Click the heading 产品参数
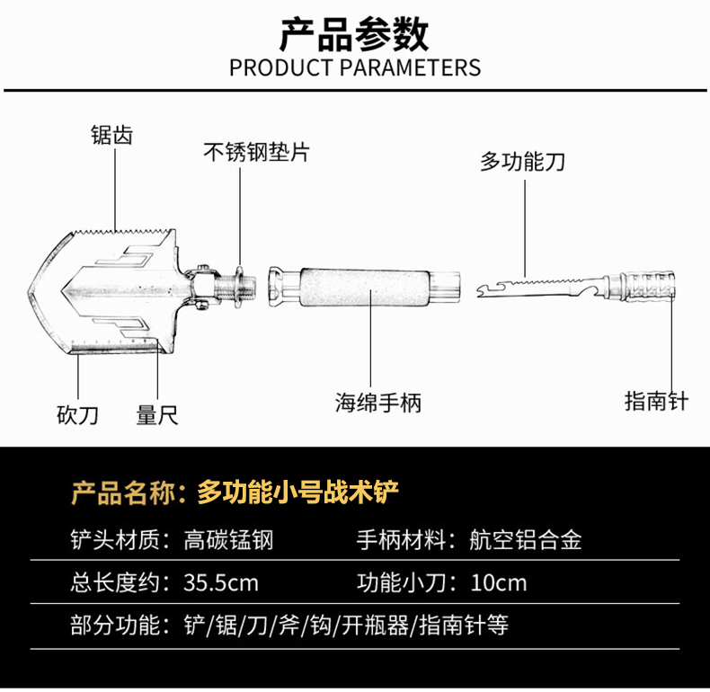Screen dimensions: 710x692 point(354,35)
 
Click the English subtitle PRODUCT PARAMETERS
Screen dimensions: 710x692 point(355,68)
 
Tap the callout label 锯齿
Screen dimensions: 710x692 point(111,136)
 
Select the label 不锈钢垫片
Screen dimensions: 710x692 point(256,152)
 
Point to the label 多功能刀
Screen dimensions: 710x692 point(522,162)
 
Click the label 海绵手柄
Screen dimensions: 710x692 point(378,402)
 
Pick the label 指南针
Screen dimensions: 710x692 point(657,401)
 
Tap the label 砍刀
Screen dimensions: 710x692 point(77,415)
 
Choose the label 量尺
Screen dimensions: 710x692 point(157,415)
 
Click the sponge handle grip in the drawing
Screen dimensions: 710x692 point(365,288)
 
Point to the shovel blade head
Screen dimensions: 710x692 point(102,291)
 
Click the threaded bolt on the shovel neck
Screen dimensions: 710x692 point(235,288)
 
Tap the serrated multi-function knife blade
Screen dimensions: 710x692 point(541,288)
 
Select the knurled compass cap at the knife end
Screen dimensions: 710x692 point(648,285)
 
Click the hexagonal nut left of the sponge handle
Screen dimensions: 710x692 point(277,287)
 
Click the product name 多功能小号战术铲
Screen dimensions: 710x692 point(298,492)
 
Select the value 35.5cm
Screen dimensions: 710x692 point(221,583)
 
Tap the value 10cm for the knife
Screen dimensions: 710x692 point(499,583)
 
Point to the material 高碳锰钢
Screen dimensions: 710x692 point(228,540)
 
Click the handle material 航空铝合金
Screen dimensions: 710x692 point(525,540)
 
